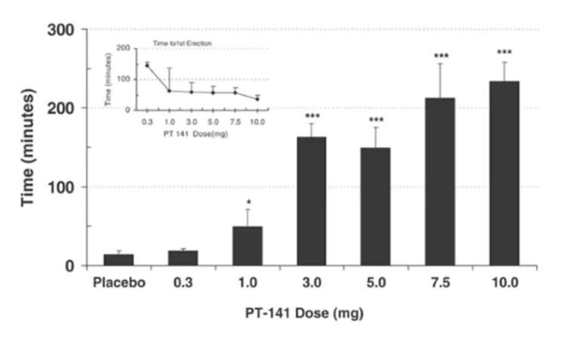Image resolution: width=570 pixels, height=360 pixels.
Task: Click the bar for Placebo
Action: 119,260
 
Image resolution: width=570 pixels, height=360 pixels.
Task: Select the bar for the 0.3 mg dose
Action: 183,257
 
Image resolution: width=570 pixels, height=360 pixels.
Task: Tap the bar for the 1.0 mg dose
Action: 247,246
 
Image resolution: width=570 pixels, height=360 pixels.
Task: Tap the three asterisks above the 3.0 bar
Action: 311,116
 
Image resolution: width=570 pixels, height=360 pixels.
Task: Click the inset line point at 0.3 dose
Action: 147,66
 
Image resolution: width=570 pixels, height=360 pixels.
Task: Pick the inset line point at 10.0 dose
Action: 257,99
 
